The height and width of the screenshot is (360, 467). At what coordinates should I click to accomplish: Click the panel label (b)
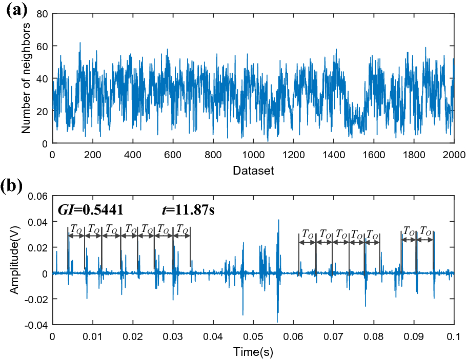point(14,186)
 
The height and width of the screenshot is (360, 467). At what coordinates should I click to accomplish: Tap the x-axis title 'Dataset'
point(253,171)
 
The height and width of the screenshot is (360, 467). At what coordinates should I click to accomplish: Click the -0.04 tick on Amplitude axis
point(37,325)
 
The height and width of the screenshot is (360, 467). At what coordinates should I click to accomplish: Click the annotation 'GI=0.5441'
point(90,209)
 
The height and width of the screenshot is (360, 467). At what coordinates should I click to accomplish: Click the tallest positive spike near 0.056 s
point(278,220)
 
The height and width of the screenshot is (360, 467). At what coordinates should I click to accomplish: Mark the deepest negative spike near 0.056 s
point(277,321)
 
